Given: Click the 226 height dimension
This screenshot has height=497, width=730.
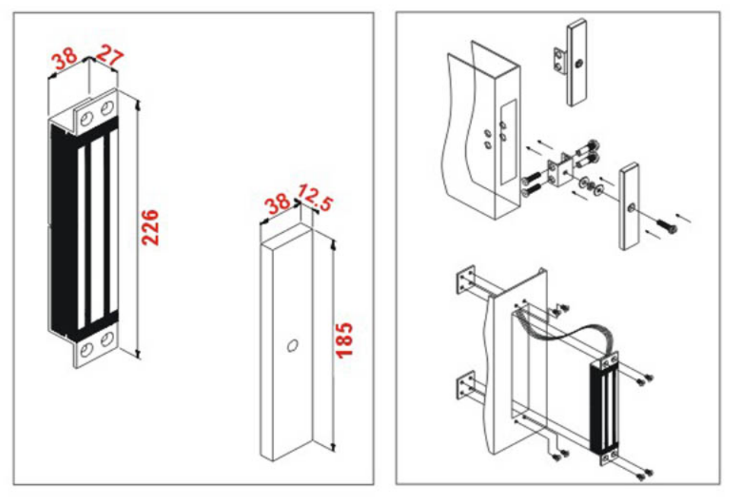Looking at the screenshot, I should [151, 226].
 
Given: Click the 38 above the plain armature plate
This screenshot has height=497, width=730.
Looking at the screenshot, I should [277, 204].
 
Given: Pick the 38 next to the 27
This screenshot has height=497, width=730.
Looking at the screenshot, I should [65, 56].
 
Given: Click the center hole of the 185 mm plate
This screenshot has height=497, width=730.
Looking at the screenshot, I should [291, 346].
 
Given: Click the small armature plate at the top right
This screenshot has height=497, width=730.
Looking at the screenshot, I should [575, 61].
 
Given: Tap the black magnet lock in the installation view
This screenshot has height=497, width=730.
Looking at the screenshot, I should [605, 407].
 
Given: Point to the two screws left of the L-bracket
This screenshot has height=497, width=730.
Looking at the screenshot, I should [531, 183].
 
